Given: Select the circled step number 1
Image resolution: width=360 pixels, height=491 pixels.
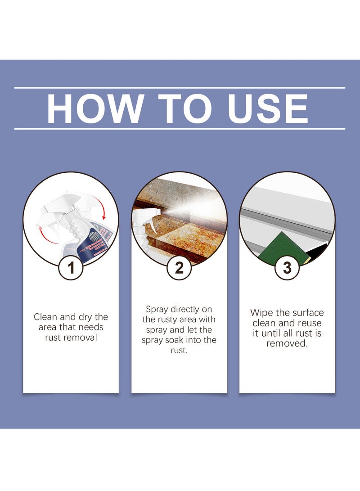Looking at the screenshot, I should click(71, 268).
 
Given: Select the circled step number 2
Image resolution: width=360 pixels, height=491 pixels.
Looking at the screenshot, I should click(179, 268).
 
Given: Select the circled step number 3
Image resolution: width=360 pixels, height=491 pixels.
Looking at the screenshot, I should click(287, 268).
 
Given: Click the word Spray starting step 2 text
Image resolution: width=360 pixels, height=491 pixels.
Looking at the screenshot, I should click(157, 309).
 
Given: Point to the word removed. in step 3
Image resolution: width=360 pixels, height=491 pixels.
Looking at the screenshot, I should click(287, 343).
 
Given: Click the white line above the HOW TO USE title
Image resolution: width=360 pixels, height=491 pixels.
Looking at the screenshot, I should click(180, 88).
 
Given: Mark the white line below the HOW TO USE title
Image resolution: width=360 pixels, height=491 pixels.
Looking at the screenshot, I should click(180, 129).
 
